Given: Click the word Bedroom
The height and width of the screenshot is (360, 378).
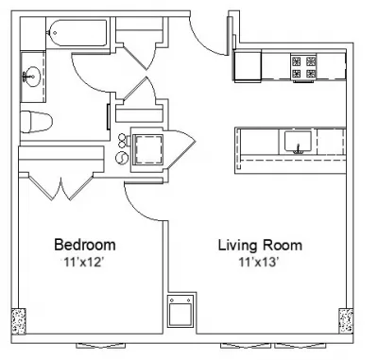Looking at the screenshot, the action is click(x=85, y=245).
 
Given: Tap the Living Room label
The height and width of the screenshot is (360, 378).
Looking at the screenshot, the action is click(x=260, y=245).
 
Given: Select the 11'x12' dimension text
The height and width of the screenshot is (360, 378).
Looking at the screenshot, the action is click(x=84, y=262).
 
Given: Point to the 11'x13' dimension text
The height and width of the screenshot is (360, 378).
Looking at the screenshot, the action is click(x=260, y=262).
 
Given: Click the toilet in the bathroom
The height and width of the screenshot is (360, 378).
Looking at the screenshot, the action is click(x=36, y=121).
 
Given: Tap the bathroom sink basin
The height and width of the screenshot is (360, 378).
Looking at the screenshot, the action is click(x=31, y=77).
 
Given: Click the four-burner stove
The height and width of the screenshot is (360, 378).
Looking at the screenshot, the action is click(x=303, y=67).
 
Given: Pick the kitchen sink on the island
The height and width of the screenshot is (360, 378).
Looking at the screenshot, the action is click(x=298, y=143).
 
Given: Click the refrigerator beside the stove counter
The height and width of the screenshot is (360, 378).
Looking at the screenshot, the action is click(x=248, y=66).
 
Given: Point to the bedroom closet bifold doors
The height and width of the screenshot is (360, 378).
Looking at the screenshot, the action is click(x=60, y=187).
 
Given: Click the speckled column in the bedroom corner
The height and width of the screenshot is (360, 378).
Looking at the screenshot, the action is click(x=19, y=321).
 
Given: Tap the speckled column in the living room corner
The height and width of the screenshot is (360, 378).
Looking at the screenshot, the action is click(x=346, y=320).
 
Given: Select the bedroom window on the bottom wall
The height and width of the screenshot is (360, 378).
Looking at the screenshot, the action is click(x=101, y=346).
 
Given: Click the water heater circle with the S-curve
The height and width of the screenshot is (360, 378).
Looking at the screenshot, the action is click(x=122, y=158).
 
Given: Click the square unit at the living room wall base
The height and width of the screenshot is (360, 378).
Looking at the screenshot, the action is click(x=180, y=312).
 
